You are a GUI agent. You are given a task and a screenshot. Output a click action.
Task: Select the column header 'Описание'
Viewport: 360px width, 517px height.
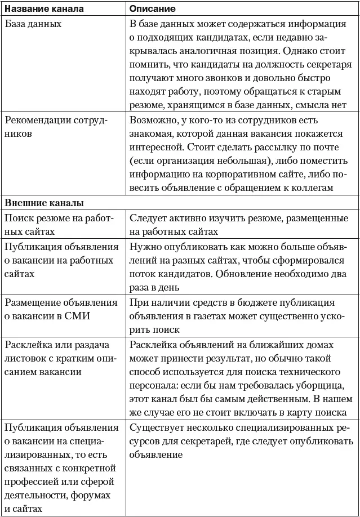tap(152, 9)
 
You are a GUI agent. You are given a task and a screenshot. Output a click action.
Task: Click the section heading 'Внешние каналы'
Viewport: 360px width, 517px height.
tap(45, 202)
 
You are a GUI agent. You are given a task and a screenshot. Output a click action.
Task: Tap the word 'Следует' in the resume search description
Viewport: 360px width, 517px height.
tap(148, 219)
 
